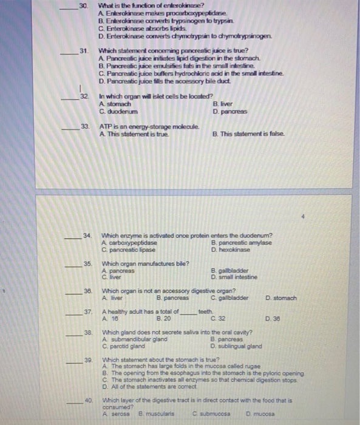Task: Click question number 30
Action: (x=84, y=5)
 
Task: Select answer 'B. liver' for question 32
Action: (x=222, y=104)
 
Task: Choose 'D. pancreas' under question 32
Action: (x=230, y=111)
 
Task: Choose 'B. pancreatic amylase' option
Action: (x=241, y=243)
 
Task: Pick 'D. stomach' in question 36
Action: (x=281, y=298)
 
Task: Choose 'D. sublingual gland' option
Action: (x=236, y=347)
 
